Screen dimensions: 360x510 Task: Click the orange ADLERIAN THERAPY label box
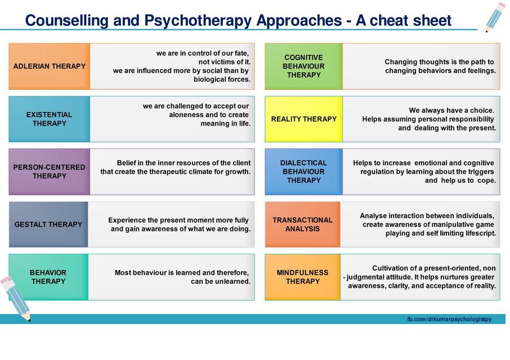click(x=50, y=66)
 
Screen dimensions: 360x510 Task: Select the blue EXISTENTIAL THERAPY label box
click(x=50, y=119)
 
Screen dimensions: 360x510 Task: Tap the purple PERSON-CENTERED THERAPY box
click(x=50, y=172)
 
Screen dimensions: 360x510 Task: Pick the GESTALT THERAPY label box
click(x=48, y=224)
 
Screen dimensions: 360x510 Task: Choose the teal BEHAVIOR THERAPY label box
click(x=48, y=277)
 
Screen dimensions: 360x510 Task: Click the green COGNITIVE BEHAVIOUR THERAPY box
click(x=303, y=66)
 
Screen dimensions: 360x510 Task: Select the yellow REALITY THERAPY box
click(x=303, y=119)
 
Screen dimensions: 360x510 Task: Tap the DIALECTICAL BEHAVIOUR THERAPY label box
click(x=303, y=172)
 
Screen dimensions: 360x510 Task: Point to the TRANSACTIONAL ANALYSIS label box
click(x=302, y=224)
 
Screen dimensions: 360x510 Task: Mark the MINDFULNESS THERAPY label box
click(x=302, y=277)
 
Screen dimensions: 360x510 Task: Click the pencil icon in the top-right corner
click(x=495, y=17)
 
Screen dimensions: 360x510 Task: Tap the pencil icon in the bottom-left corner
click(x=15, y=298)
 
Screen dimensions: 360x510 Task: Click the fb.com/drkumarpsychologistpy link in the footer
click(x=449, y=319)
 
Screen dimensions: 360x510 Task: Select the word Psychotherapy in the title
click(x=199, y=21)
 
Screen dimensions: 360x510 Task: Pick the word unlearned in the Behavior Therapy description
click(x=230, y=281)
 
